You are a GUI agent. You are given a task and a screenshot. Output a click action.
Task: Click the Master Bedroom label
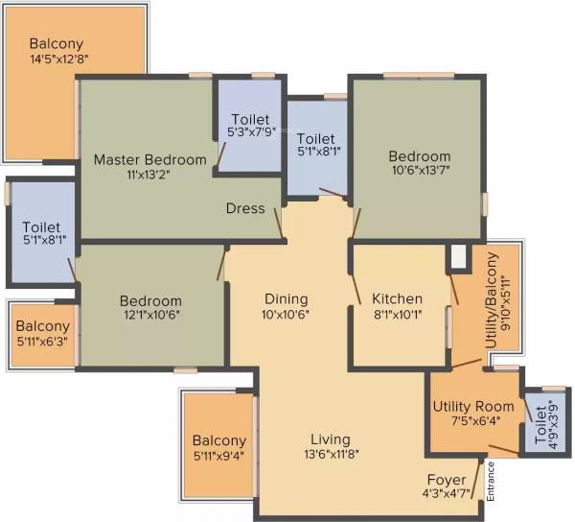click(149, 160)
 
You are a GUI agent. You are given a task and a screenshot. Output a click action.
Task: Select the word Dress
click(245, 208)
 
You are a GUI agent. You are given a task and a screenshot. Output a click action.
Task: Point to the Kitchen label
click(397, 299)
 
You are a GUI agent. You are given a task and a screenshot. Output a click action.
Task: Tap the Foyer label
click(447, 480)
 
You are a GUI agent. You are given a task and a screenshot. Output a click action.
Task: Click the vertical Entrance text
click(491, 482)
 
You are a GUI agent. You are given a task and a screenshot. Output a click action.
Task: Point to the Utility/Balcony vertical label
click(491, 300)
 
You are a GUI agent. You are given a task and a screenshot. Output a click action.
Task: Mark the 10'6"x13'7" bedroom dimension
click(419, 172)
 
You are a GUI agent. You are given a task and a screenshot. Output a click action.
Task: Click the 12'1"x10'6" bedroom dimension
click(150, 316)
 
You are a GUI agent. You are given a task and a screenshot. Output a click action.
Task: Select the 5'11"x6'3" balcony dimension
click(42, 342)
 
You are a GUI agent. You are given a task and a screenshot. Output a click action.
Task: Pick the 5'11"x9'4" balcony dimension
click(219, 456)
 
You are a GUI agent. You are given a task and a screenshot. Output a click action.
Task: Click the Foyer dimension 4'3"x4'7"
click(447, 495)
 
